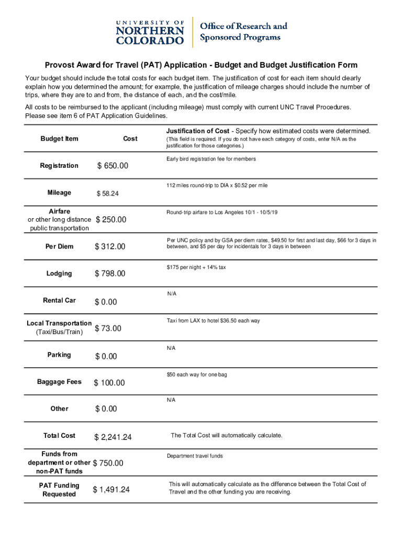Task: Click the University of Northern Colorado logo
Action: coord(150,32)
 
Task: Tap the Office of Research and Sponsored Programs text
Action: coord(244,31)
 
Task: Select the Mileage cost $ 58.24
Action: coord(107,194)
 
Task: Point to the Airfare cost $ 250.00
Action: coord(111,220)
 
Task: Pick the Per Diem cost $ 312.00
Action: coord(110,247)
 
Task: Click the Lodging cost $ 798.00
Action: coord(110,274)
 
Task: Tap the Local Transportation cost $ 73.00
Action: coord(108,329)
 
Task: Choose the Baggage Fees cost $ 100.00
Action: coord(109,383)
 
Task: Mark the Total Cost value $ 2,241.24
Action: coord(113,437)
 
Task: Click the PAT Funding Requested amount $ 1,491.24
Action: coord(111,490)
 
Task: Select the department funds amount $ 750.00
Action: coord(108,464)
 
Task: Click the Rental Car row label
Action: coord(59,300)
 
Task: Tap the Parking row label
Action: coord(59,355)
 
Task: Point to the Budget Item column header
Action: coord(59,138)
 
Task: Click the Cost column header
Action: coord(130,138)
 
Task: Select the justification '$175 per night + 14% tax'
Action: coord(196,267)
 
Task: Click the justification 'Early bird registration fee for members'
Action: coord(211,159)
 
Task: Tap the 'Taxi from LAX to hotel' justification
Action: coord(213,321)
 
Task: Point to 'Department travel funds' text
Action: coord(195,456)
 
